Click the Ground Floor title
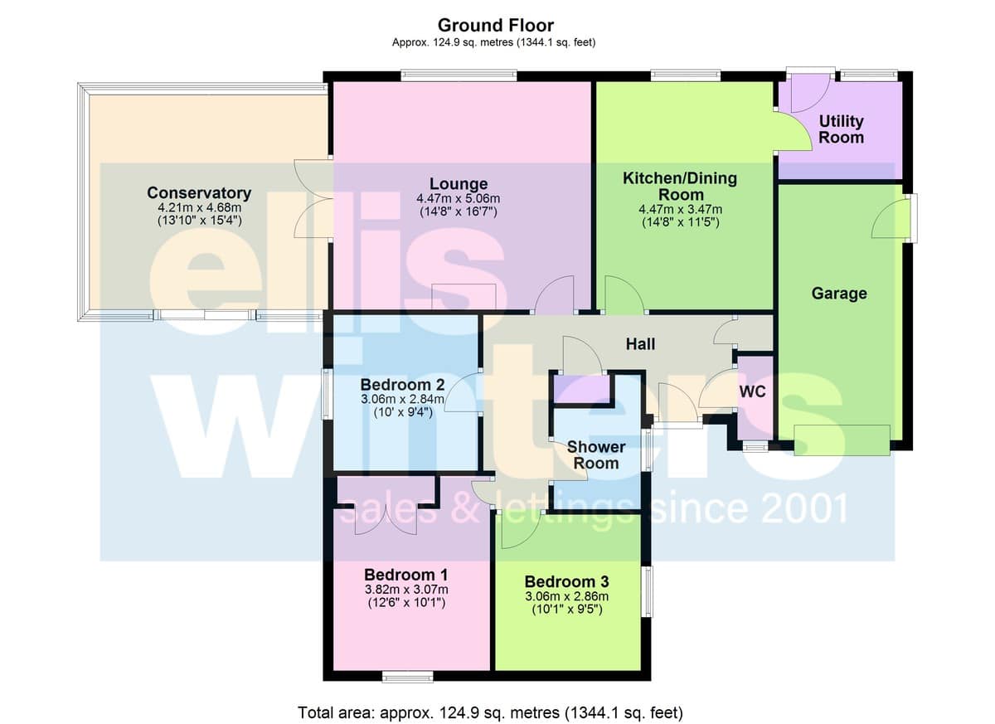tap(496, 26)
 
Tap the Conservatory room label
tap(199, 192)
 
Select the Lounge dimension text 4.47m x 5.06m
tap(459, 198)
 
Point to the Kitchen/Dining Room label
tap(680, 186)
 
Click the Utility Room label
tap(841, 129)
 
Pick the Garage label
tap(839, 293)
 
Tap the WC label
tap(753, 391)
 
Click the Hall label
tap(640, 344)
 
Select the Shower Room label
tap(596, 454)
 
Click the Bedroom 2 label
tap(402, 384)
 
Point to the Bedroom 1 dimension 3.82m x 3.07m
tap(406, 590)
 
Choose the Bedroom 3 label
tap(566, 581)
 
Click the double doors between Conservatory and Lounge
tap(313, 198)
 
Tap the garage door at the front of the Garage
tap(842, 440)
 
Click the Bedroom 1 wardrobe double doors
tap(386, 520)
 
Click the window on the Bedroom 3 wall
tap(648, 591)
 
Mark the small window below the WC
tap(755, 447)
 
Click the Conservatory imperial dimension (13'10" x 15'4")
tap(200, 221)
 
